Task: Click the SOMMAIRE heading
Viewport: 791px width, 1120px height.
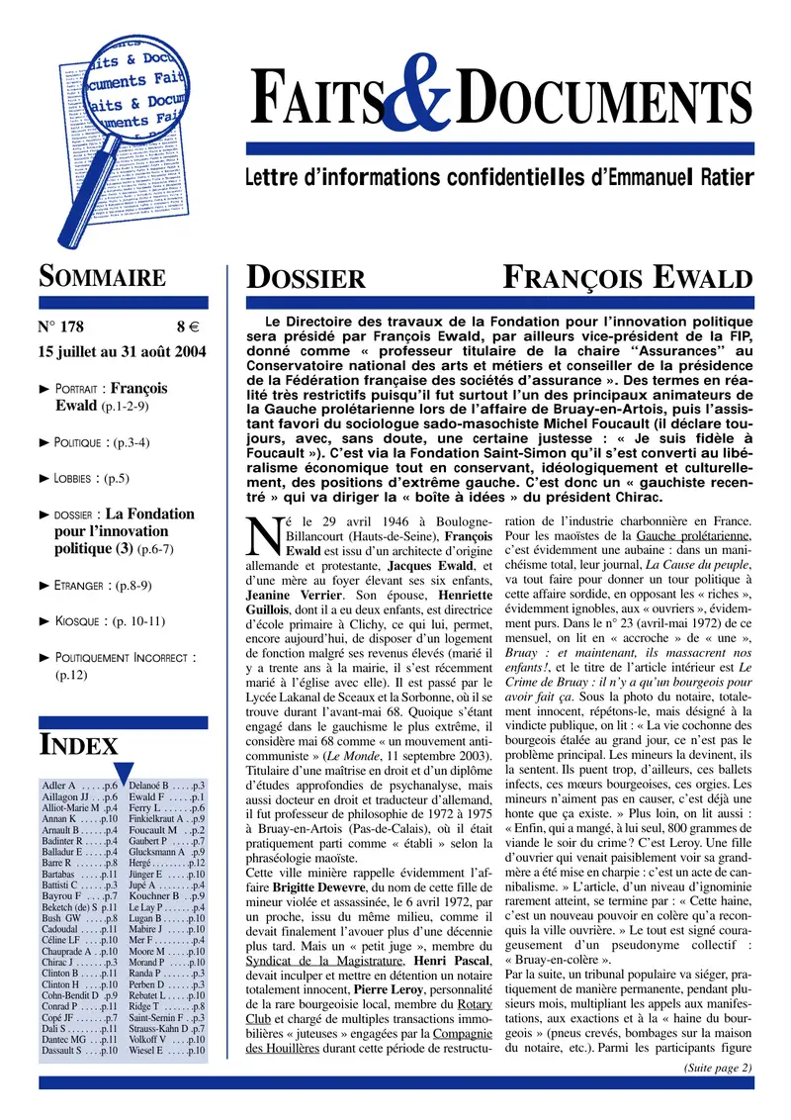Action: tap(101, 277)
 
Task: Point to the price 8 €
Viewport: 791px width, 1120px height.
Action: tap(188, 327)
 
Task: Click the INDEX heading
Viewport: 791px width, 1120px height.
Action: tap(79, 744)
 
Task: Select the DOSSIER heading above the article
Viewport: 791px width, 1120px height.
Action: tap(306, 278)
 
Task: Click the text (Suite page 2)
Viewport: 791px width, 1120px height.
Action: tap(718, 1067)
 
